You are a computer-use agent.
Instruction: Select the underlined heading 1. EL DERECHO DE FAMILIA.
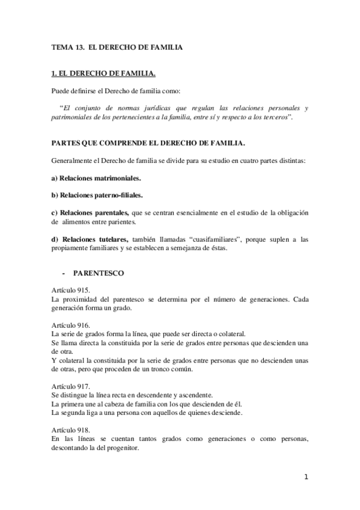(103, 74)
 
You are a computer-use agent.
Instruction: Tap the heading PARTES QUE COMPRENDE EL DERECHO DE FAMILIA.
(148, 144)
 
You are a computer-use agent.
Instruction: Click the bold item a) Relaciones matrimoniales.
(96, 179)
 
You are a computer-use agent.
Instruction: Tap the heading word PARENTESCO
(99, 273)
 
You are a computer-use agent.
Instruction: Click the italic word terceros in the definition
(274, 117)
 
